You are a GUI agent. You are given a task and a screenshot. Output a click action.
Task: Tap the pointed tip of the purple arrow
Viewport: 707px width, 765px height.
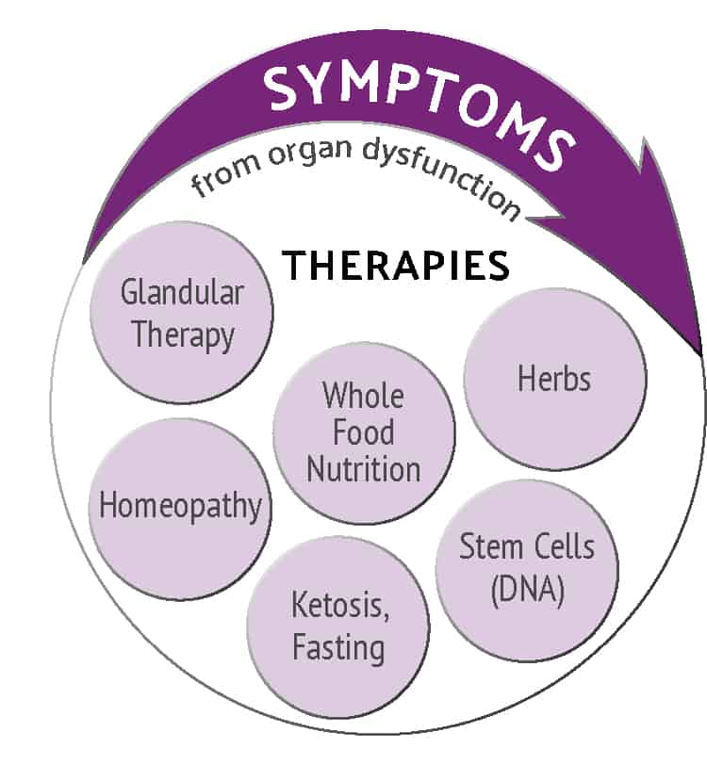pos(701,355)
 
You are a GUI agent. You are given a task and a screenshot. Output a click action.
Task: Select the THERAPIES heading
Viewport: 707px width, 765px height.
pos(396,266)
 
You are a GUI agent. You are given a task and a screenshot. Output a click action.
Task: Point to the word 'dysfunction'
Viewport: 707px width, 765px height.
pos(442,175)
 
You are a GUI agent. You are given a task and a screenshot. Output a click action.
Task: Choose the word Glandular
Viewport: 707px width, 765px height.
pos(182,293)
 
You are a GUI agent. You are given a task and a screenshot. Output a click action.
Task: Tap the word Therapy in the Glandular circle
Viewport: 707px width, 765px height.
pos(183,336)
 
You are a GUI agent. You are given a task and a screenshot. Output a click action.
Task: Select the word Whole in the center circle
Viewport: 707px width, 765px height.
pos(363,395)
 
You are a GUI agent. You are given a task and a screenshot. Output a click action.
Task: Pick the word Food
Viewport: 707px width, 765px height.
pos(364,431)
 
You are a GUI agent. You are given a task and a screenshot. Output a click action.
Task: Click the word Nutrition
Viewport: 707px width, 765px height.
pos(364,469)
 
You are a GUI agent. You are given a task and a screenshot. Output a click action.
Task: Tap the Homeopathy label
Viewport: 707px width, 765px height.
pos(181,506)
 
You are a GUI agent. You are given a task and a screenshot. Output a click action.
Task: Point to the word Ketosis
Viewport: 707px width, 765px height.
pos(340,606)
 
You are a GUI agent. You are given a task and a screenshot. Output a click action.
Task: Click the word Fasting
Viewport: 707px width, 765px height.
pos(338,648)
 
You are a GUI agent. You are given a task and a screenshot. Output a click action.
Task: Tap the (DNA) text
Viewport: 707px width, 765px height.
pos(528,590)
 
